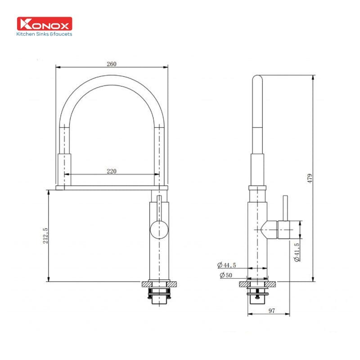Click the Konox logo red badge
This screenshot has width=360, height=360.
point(44,24)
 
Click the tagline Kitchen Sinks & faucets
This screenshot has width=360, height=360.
point(44,34)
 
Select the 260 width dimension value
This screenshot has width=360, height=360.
point(112,63)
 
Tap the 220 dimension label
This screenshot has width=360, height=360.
point(112,171)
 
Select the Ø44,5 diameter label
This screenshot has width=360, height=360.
point(227,265)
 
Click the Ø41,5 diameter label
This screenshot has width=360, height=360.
point(297,252)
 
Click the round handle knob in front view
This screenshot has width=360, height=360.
point(160,230)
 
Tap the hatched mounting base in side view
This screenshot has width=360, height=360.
point(257,284)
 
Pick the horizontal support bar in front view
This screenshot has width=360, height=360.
point(112,187)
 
